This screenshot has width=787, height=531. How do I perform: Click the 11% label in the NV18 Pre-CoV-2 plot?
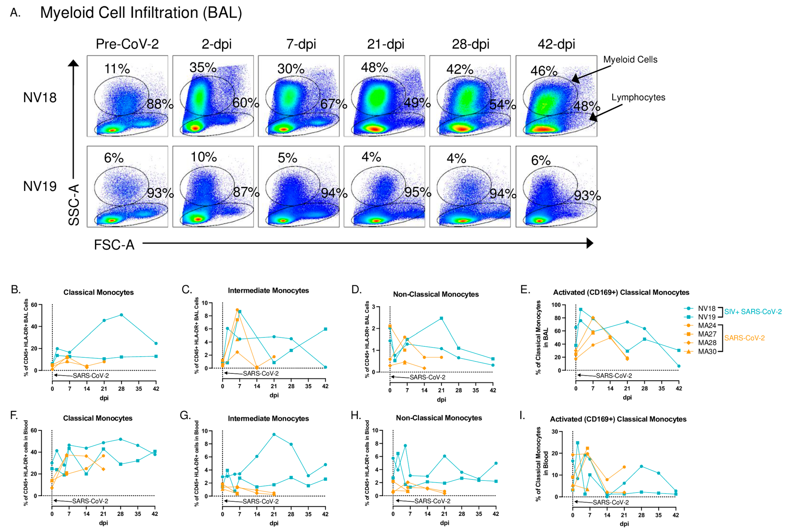pyautogui.click(x=117, y=69)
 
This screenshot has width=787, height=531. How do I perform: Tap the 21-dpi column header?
pyautogui.click(x=385, y=44)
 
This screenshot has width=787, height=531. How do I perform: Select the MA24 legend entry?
pyautogui.click(x=707, y=326)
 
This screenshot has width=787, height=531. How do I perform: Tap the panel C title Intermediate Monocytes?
pyautogui.click(x=268, y=290)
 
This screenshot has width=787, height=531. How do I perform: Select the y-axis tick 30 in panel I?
pyautogui.click(x=555, y=431)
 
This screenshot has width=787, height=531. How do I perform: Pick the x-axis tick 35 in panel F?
pyautogui.click(x=138, y=514)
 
